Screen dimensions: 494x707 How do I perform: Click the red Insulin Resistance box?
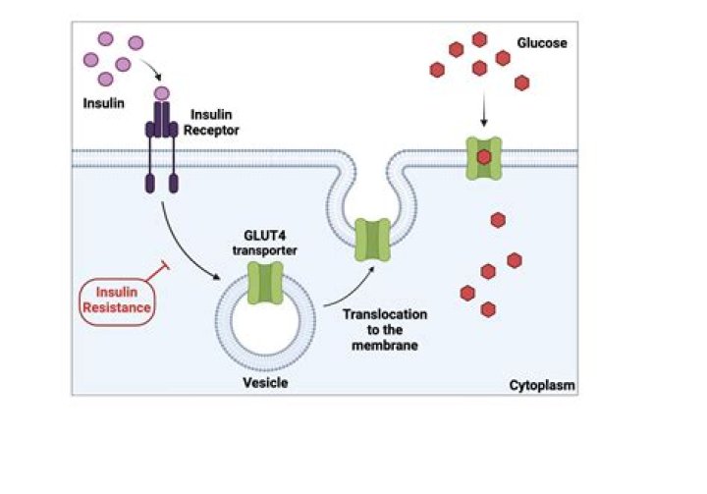coord(117,299)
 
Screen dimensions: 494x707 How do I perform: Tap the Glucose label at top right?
coord(541,43)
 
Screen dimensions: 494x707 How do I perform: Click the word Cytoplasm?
coord(541,385)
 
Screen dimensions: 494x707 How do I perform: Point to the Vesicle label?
coord(264,382)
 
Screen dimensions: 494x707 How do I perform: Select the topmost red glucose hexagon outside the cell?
coord(479,39)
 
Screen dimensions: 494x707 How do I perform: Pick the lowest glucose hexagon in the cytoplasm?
coord(488,309)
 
